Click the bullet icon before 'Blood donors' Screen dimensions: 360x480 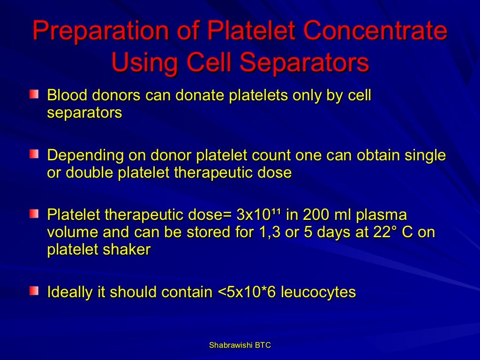(x=34, y=95)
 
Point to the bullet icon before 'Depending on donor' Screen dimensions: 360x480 (x=34, y=155)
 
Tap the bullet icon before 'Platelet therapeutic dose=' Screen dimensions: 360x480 (x=34, y=215)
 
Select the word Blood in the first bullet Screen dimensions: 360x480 (x=66, y=95)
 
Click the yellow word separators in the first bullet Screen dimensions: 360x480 (x=84, y=112)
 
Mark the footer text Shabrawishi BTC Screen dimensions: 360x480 (x=240, y=345)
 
